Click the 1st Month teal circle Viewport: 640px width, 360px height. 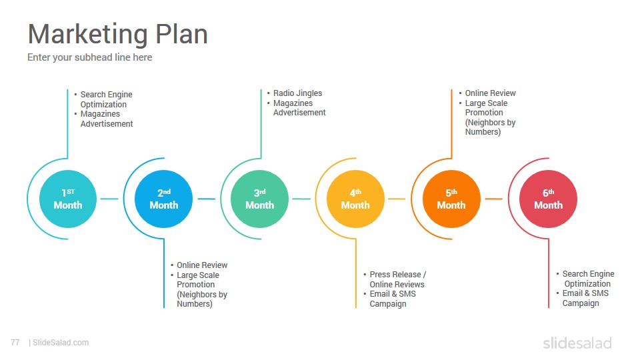pos(68,199)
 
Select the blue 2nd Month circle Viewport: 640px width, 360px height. pos(164,199)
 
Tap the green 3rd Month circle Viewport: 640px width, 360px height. pos(259,199)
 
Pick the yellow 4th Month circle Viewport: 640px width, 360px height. pos(355,199)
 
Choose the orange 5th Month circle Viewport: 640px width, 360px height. pos(451,199)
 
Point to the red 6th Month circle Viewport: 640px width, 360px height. pos(548,199)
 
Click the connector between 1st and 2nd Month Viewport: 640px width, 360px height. pos(109,199)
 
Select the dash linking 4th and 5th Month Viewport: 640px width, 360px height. pos(397,199)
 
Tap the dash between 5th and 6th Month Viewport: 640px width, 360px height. pos(494,199)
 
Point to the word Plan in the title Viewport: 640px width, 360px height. pos(181,34)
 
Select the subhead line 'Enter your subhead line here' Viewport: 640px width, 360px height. pos(90,57)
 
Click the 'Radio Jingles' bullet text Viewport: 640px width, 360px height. pos(297,93)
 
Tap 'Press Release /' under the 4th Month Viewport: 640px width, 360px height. pos(398,274)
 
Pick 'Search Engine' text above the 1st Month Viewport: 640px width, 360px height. pos(106,94)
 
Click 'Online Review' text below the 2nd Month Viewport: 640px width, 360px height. pos(202,265)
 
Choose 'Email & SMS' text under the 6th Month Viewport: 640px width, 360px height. pos(585,293)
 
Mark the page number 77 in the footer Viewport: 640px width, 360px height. pos(15,343)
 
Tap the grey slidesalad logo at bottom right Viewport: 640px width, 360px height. pos(577,343)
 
